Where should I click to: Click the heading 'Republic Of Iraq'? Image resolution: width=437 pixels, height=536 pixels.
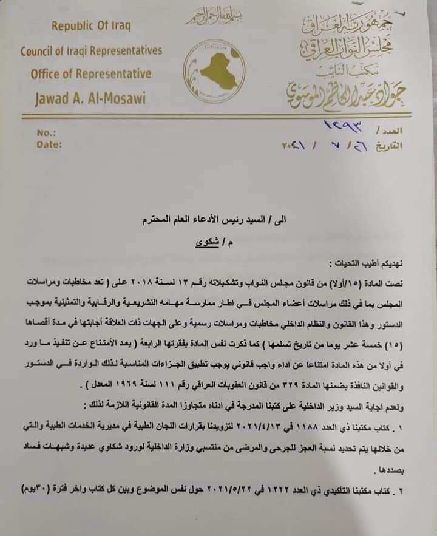click(91, 26)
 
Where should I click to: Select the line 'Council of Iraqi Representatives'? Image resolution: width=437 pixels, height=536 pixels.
click(91, 50)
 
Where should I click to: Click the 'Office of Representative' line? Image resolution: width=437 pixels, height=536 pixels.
click(91, 73)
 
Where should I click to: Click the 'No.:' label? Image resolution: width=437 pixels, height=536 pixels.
click(46, 132)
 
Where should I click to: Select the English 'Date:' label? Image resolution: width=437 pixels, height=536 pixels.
click(49, 144)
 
